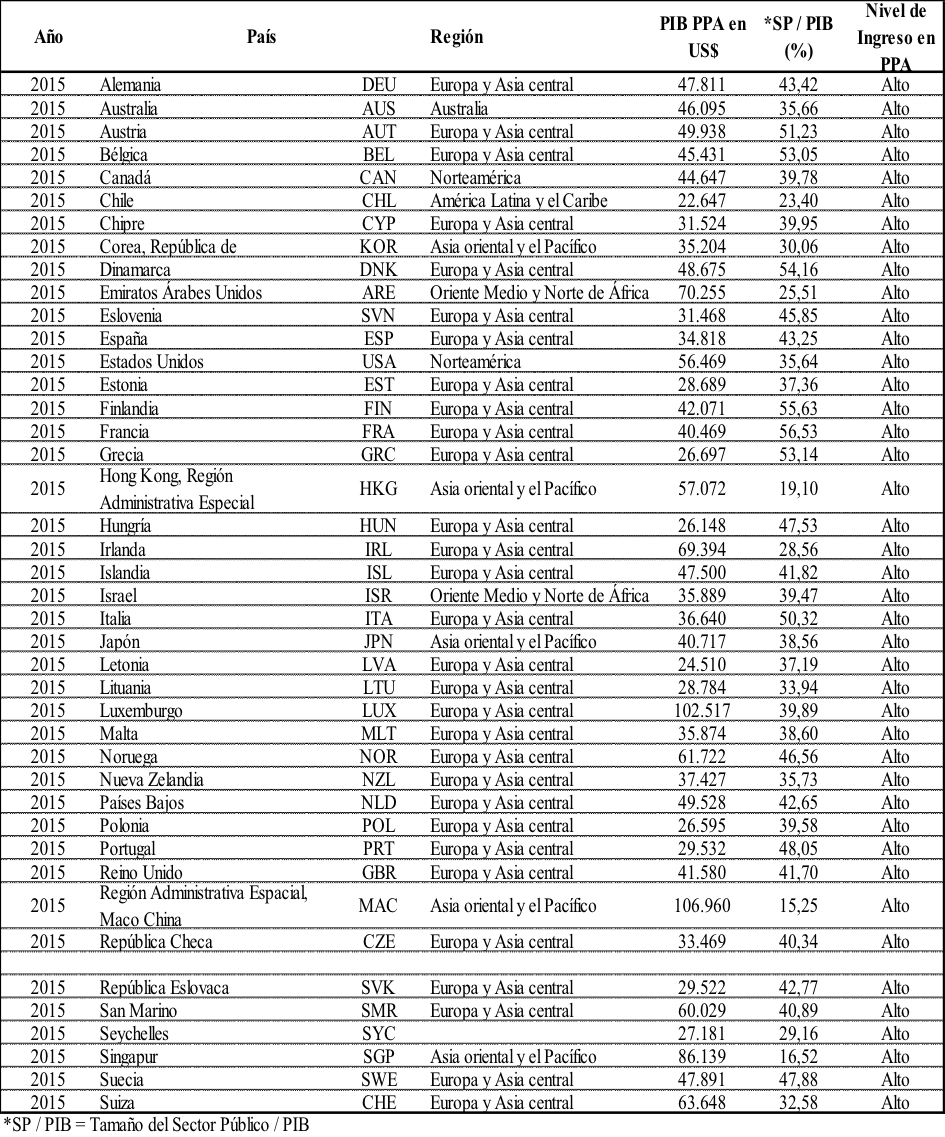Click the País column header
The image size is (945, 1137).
click(x=262, y=38)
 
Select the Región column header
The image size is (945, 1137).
click(x=456, y=38)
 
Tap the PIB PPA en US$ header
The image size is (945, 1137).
click(x=703, y=38)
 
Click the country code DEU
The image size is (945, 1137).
click(x=378, y=85)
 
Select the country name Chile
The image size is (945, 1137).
click(x=117, y=200)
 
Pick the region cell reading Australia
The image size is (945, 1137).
click(x=459, y=108)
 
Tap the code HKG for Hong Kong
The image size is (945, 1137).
click(x=378, y=489)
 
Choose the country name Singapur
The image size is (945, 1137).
click(x=129, y=1056)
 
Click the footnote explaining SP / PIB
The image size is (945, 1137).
click(x=156, y=1125)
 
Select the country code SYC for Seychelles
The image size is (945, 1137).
click(x=378, y=1033)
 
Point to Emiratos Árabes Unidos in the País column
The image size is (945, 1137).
click(x=181, y=293)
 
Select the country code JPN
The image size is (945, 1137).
click(x=378, y=642)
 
